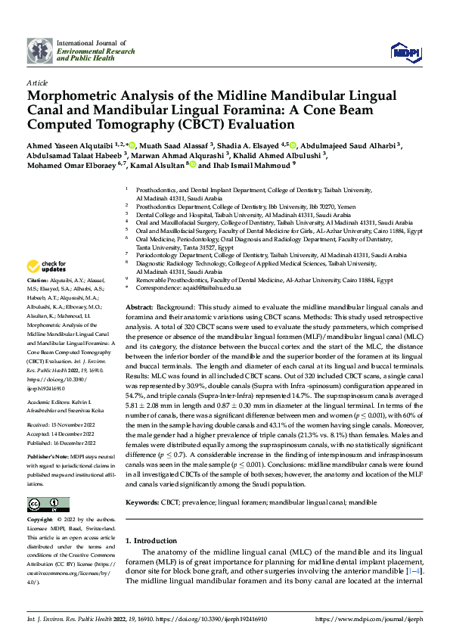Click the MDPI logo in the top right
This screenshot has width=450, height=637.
pos(402,51)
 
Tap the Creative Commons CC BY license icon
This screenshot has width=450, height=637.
pos(48,505)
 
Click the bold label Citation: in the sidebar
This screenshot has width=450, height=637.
pos(39,280)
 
